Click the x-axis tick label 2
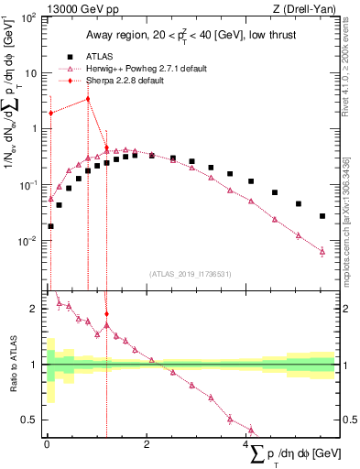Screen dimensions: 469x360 coord(147,444)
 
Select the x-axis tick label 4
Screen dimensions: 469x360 coord(247,444)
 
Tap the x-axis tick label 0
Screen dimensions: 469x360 coord(47,444)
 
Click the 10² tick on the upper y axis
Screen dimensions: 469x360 coord(30,16)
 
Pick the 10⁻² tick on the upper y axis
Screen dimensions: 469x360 coord(30,241)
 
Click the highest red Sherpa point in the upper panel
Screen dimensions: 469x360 coord(88,99)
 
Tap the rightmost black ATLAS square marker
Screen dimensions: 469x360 coord(322,216)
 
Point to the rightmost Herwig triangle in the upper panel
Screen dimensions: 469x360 coord(322,251)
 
